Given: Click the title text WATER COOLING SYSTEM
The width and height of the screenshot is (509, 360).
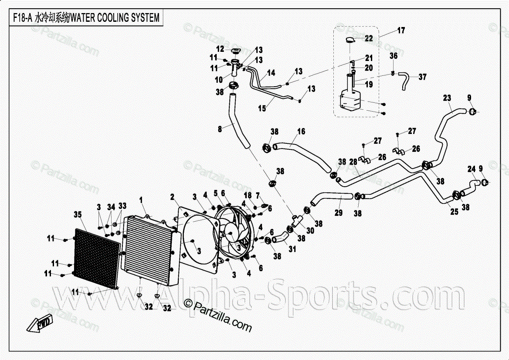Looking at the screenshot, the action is click(115, 18).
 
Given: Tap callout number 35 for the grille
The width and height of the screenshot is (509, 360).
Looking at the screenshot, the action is click(78, 214).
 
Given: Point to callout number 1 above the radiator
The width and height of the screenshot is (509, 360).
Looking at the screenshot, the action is click(141, 200).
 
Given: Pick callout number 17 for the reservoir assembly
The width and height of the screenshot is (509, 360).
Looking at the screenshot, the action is click(401, 30).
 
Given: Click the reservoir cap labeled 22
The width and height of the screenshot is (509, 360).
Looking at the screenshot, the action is click(350, 40).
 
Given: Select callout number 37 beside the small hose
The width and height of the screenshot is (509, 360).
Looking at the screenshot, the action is click(422, 77).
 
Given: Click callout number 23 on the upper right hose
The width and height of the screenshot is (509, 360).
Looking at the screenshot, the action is click(447, 98).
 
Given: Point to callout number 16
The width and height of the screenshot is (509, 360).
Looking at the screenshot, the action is click(301, 132).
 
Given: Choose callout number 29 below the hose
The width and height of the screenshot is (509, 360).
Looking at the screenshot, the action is click(339, 213).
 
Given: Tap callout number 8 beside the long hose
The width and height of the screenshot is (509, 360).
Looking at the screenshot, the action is click(220, 129).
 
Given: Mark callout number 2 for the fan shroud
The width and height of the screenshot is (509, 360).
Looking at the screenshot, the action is click(173, 197).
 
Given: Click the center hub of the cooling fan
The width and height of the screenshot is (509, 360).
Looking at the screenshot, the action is click(231, 233).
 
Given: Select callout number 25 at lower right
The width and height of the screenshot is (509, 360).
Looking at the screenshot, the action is click(454, 212).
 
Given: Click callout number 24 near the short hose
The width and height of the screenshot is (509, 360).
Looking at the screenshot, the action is click(472, 169).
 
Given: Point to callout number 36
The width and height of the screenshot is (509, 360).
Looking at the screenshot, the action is click(394, 56).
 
